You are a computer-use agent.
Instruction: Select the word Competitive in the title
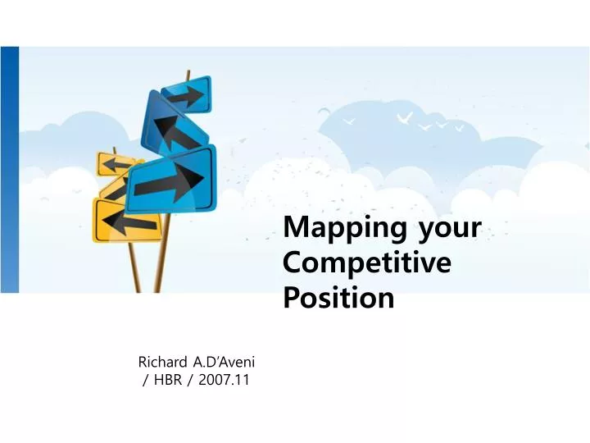point(366,263)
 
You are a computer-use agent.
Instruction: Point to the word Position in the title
point(338,298)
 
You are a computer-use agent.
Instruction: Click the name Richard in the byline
point(162,361)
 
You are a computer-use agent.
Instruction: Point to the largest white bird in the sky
point(403,119)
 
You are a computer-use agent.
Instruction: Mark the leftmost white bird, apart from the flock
point(350,121)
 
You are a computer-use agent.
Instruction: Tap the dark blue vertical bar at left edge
point(9,168)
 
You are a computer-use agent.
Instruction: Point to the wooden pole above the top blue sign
point(188,75)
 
